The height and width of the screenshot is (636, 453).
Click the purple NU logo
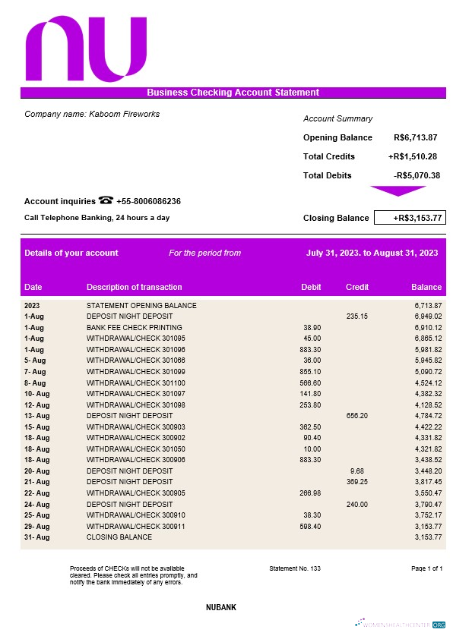86,50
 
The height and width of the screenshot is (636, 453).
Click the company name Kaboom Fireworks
92,114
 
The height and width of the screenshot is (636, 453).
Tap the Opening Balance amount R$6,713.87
415,137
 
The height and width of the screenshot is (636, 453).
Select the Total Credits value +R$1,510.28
412,156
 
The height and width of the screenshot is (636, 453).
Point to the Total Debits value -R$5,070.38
417,175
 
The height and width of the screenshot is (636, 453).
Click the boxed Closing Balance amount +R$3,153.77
410,218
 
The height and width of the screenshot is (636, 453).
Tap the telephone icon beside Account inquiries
106,201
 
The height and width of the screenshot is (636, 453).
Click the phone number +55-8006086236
148,201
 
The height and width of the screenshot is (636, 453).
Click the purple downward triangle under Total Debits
398,190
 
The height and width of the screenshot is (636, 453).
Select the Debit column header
312,287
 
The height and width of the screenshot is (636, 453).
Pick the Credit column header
357,287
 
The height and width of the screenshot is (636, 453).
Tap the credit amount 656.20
357,416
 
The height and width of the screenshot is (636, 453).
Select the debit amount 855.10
310,372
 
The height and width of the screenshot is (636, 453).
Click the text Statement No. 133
295,568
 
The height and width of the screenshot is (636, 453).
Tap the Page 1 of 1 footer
426,568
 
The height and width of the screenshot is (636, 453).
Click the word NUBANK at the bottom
226,608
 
